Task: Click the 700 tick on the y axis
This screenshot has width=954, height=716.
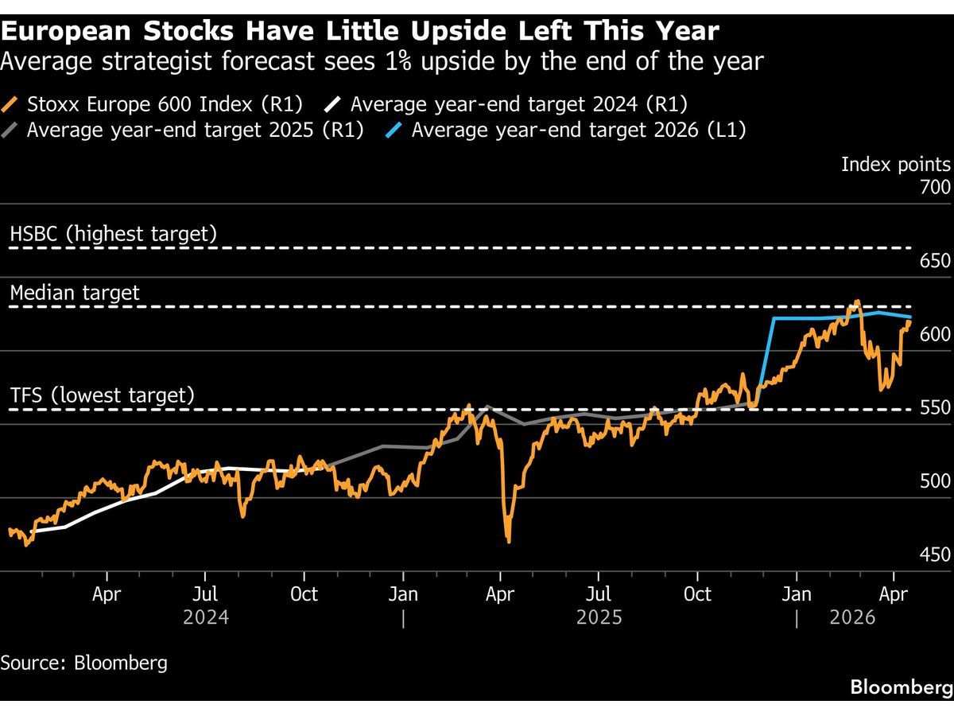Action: coord(935,188)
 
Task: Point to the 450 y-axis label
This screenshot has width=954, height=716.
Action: coord(935,555)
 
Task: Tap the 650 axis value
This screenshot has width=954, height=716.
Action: coord(935,262)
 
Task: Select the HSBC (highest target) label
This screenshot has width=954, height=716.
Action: coord(113,234)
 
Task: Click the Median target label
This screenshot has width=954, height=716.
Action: coord(75,293)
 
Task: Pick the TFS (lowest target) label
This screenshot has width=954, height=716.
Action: coord(102,395)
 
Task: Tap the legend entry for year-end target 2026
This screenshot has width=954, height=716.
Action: coord(578,130)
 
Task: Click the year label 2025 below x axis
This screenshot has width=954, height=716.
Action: coord(599,617)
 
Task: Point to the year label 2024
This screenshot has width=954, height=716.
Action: coord(206,617)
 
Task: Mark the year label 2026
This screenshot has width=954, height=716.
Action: coord(852,617)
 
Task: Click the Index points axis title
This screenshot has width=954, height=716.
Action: coord(895,165)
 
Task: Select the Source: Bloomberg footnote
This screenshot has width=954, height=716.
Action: coord(83,663)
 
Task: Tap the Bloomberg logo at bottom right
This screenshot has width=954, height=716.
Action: coord(900,687)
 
